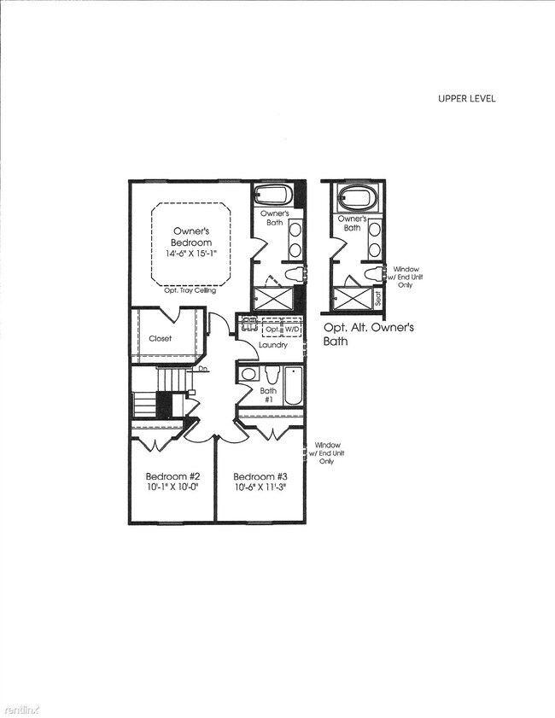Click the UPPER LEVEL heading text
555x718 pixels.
pyautogui.click(x=466, y=98)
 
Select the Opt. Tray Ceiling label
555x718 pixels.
pyautogui.click(x=190, y=291)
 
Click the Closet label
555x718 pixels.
pyautogui.click(x=161, y=338)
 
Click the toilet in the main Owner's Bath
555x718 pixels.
pyautogui.click(x=293, y=275)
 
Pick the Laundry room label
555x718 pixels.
pyautogui.click(x=273, y=345)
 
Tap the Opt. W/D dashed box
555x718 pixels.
pyautogui.click(x=283, y=329)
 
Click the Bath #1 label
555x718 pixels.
pyautogui.click(x=266, y=394)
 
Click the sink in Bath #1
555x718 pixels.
pyautogui.click(x=248, y=374)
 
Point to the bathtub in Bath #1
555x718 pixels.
pyautogui.click(x=293, y=386)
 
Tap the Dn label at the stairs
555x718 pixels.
pyautogui.click(x=204, y=370)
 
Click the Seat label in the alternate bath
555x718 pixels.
pyautogui.click(x=378, y=299)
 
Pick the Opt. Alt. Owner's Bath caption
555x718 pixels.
pyautogui.click(x=368, y=333)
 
